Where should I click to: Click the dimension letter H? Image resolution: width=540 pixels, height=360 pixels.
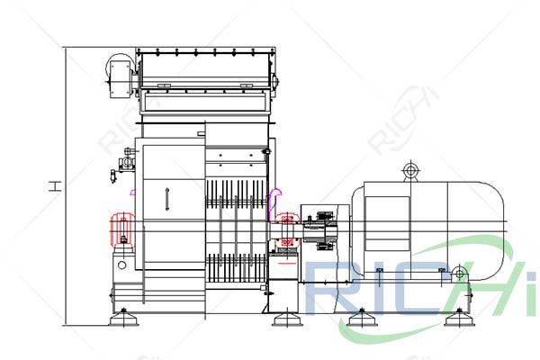click(x=56, y=186)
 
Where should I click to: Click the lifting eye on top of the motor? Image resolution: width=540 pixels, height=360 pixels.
click(x=410, y=170)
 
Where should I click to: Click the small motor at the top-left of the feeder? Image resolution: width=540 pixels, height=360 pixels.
click(x=120, y=73)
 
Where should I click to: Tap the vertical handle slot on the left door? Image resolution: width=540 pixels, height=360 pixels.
click(x=166, y=200)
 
